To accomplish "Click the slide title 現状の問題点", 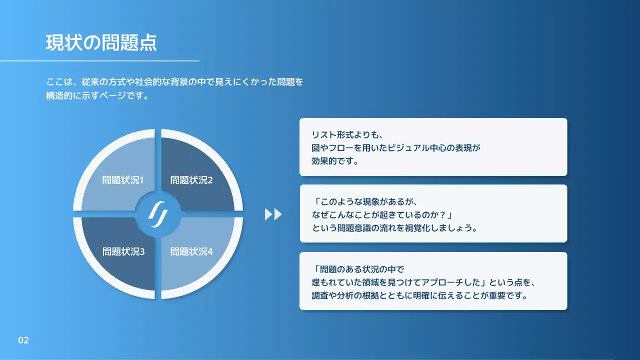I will coord(101,43).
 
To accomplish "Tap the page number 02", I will coord(23,340).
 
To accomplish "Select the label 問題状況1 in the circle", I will coord(123,180).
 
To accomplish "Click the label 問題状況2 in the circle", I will coord(191,180).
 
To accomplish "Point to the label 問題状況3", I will coord(123,251).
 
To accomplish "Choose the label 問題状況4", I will coord(191,251).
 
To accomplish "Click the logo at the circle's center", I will coord(157,213).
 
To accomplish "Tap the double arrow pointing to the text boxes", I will coord(273,214).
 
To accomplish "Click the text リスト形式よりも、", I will coord(346,134).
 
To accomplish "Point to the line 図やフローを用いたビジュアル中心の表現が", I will coord(395,148).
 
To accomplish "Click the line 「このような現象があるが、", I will coord(364,201).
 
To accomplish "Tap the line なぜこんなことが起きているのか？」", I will coord(382,214).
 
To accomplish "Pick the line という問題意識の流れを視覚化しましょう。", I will coord(394,228).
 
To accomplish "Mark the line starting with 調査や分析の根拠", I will coord(420,295).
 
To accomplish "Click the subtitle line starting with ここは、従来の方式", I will coord(174,81).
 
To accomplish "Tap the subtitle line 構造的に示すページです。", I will coord(97,95).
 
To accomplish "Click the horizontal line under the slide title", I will coord(99,61).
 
